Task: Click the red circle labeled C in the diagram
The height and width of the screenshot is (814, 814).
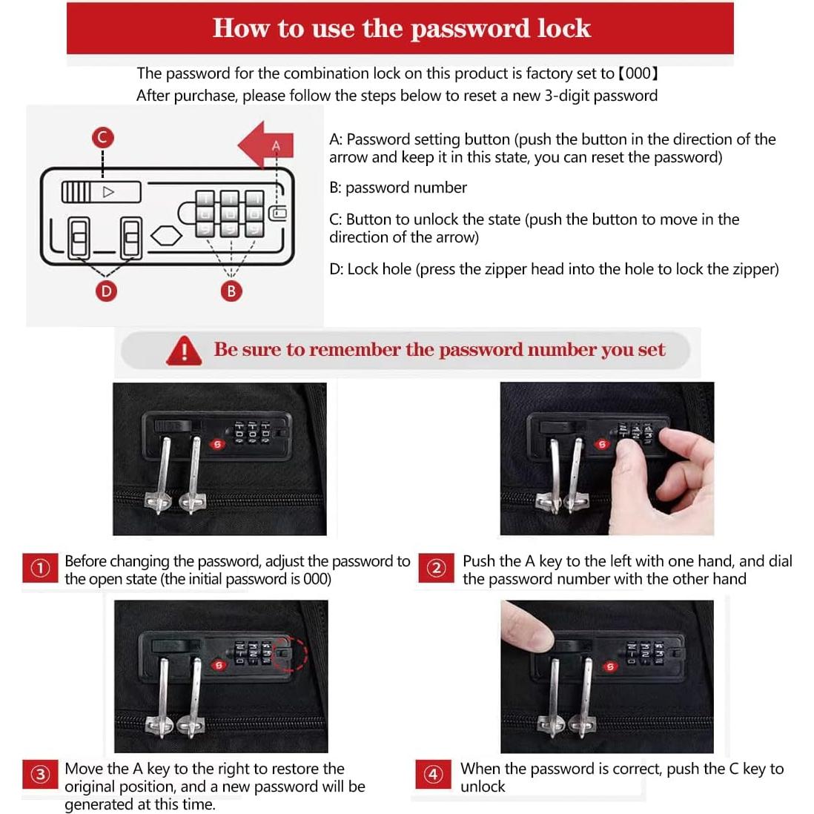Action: coord(103,138)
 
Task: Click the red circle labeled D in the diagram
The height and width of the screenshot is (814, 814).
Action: coord(106,291)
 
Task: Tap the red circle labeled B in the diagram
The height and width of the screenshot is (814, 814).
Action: coord(231,291)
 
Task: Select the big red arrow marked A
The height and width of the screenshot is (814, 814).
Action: coord(266,145)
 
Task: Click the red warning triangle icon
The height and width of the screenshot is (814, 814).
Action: coord(184,351)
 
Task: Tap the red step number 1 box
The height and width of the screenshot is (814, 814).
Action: coord(40,568)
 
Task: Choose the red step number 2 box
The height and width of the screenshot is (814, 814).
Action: coord(436,568)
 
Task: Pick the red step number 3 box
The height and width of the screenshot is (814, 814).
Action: coord(40,775)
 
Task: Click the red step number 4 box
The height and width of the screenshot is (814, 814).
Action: coord(433,775)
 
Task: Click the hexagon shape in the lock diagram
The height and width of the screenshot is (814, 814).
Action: coord(166,236)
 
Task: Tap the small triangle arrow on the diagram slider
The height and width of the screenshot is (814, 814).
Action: coord(108,192)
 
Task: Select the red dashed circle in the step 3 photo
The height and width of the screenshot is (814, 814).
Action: coord(290,653)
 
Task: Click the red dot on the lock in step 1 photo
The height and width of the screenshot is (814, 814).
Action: coord(217,444)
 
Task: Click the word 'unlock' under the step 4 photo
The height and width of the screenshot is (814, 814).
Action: coord(483,787)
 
